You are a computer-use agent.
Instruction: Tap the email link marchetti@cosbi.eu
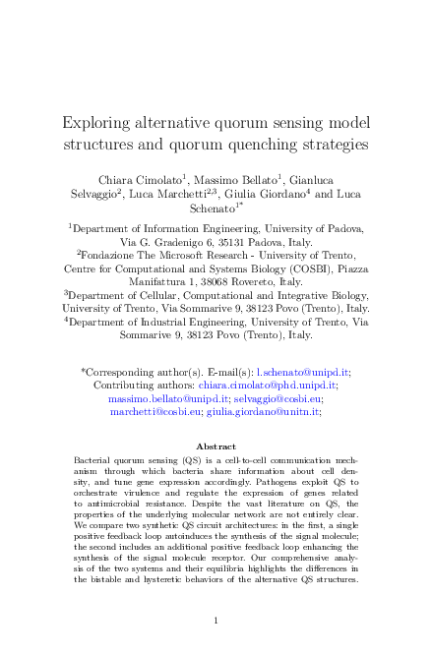(154, 414)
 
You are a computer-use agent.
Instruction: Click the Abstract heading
(216, 446)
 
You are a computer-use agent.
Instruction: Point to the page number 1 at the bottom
(216, 621)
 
